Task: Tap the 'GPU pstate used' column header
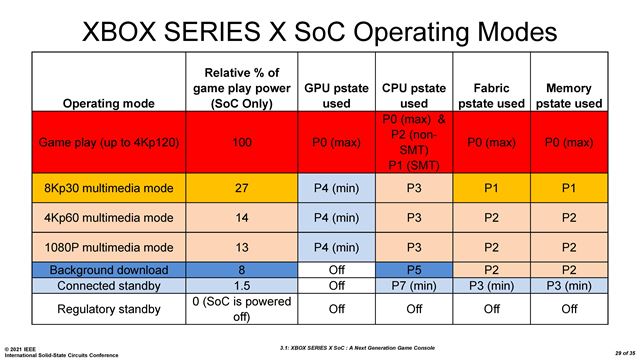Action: [x=326, y=95]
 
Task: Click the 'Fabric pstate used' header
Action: [x=491, y=95]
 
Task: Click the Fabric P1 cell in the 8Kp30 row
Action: [x=491, y=187]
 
